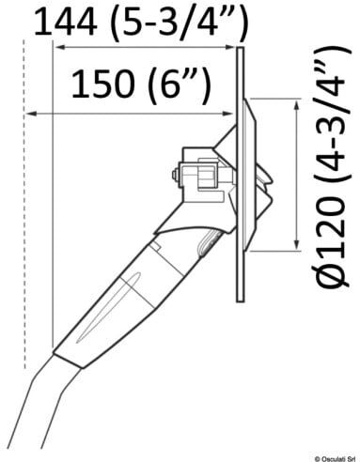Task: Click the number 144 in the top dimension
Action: pos(65,22)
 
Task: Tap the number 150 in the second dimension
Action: pos(102,84)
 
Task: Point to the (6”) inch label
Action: pos(178,85)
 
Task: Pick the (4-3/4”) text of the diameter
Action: pos(332,114)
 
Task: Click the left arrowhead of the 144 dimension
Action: pos(59,47)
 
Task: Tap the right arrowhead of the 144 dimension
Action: pos(228,47)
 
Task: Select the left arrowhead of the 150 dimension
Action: pos(31,114)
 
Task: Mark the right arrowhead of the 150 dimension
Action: pos(227,114)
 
